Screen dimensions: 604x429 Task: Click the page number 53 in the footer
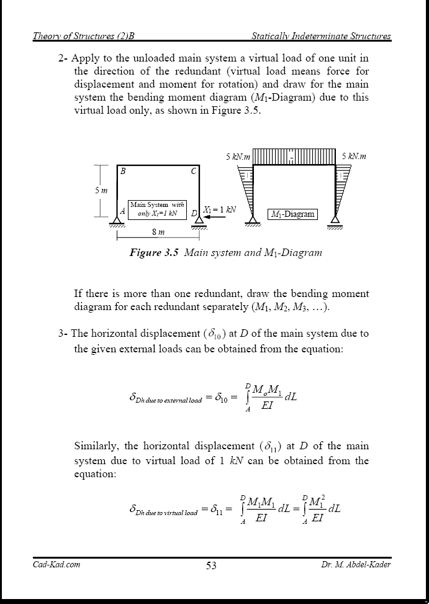tap(211, 565)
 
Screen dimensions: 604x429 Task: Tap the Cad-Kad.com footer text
tap(56, 564)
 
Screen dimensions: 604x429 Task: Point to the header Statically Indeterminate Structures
tap(321, 36)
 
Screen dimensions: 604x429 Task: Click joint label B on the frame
tap(123, 172)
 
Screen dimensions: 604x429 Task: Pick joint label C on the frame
tap(194, 172)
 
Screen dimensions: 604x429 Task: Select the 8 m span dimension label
tap(158, 232)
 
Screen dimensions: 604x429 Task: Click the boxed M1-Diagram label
tap(292, 214)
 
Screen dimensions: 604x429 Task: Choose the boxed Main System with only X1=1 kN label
tap(157, 209)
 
